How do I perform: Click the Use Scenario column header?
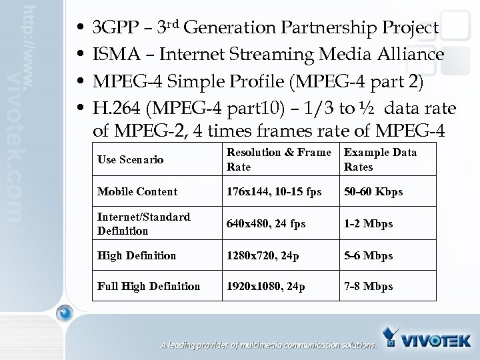(131, 160)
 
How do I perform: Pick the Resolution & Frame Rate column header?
(279, 159)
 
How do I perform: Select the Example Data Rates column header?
(380, 159)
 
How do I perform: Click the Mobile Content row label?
(137, 192)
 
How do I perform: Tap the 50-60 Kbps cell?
(373, 192)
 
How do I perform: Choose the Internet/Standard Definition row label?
(144, 224)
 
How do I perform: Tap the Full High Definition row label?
(149, 287)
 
